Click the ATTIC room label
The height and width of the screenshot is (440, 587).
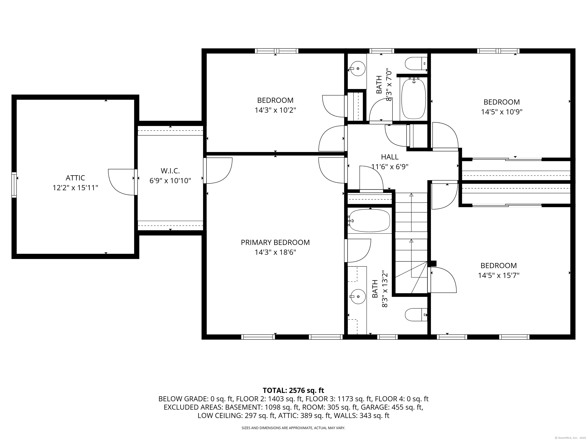(x=75, y=178)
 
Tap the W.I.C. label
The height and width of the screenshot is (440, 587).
(x=170, y=171)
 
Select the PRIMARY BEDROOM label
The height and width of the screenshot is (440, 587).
(x=275, y=242)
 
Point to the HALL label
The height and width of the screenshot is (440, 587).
(x=390, y=157)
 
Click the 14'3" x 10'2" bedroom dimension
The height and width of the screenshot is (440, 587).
(x=275, y=110)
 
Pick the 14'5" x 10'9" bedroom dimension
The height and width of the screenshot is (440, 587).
(x=502, y=112)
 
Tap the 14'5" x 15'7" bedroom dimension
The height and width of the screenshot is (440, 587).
(x=499, y=276)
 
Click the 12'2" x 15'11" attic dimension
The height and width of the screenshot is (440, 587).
(x=75, y=188)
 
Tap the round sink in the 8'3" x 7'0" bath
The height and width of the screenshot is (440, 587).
(x=358, y=68)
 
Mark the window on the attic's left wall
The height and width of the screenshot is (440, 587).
(x=14, y=185)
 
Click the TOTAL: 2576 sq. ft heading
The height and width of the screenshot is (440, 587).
(x=293, y=390)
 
